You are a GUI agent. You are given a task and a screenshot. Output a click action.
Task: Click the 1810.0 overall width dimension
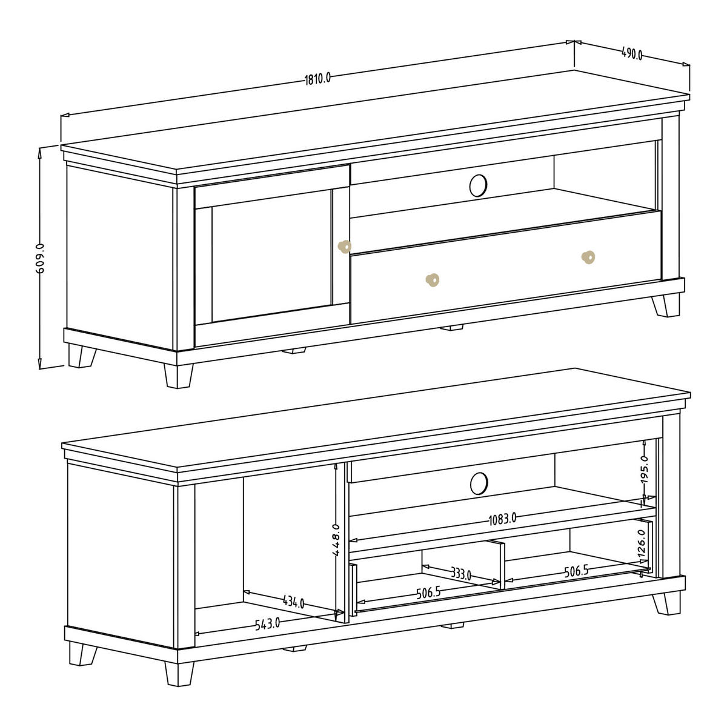coord(317,79)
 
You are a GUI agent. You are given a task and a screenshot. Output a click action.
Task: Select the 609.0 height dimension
coord(41,259)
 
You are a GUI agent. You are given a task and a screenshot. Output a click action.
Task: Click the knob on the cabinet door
coord(345,247)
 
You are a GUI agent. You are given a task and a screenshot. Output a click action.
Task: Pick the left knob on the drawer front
coord(433,280)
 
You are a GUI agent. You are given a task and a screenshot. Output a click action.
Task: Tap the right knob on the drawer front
coord(588,257)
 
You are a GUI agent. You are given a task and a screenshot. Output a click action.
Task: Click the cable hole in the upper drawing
coord(478,185)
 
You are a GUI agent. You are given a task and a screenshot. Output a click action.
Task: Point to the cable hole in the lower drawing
coord(479,483)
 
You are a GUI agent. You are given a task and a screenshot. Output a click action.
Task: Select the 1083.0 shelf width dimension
coord(502,520)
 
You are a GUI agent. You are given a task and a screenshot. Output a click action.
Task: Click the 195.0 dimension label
coord(644,470)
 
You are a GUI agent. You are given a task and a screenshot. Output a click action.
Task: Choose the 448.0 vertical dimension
coord(336,540)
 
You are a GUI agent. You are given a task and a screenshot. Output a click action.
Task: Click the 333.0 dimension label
coord(461,574)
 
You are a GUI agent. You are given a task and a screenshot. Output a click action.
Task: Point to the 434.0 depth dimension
coord(293,602)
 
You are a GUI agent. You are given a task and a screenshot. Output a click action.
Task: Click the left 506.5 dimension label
coord(428,593)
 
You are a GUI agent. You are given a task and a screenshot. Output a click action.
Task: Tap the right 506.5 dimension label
coord(576,572)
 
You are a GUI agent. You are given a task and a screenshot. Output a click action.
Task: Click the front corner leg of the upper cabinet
coord(179,376)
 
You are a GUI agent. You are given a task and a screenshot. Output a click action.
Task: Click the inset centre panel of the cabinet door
coord(271,256)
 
